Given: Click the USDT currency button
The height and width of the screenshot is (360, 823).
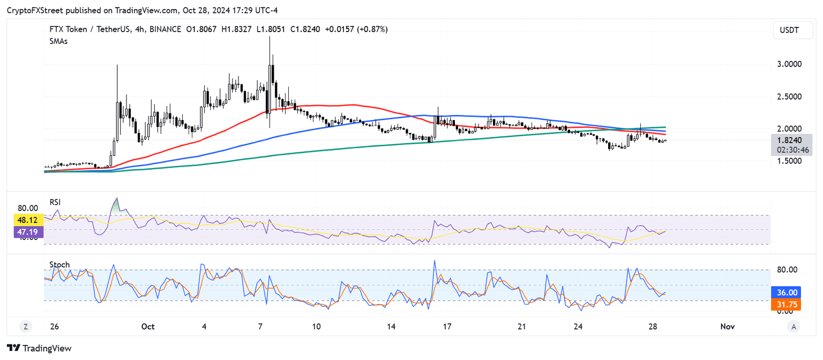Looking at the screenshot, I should (x=789, y=31).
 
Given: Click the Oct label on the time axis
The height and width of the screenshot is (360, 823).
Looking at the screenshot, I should (x=148, y=326).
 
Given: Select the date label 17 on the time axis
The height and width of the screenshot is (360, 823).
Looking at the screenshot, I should (x=447, y=326).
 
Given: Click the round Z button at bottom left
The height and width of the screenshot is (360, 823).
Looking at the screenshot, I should (x=25, y=326).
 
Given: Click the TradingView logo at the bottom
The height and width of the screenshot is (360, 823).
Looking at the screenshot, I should (x=39, y=348).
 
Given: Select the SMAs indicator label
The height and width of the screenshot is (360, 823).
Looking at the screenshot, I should (x=58, y=41).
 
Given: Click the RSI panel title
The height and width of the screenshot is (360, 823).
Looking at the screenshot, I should (x=55, y=202).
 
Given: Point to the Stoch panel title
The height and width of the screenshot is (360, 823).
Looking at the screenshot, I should (x=59, y=265).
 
